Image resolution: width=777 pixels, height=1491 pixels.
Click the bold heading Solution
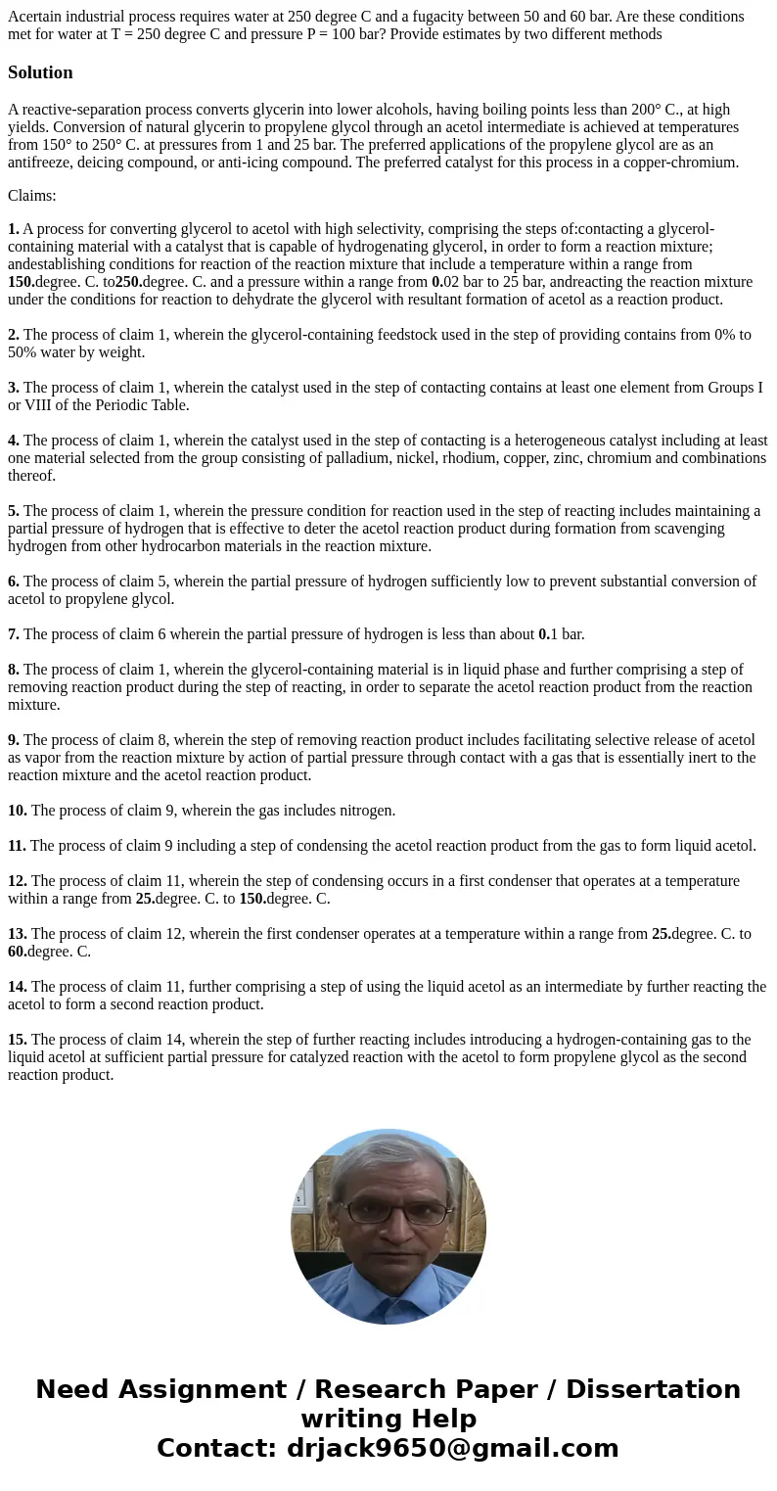tap(40, 72)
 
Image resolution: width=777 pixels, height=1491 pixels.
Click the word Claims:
tap(32, 196)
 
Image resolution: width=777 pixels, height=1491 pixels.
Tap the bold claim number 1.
tap(14, 229)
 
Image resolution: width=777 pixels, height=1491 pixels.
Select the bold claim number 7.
tap(14, 634)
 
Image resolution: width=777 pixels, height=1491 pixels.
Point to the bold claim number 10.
tap(18, 811)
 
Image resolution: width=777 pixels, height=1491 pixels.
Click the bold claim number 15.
tap(18, 1040)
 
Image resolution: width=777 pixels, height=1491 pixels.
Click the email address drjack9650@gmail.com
tap(452, 1448)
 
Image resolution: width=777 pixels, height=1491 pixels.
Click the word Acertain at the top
tap(35, 17)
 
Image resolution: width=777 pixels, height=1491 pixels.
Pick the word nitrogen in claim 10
tap(366, 811)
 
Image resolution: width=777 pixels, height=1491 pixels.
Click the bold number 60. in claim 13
tap(18, 952)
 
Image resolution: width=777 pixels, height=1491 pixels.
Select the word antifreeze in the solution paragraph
tap(40, 163)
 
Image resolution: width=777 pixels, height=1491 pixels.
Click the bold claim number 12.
tap(18, 881)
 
